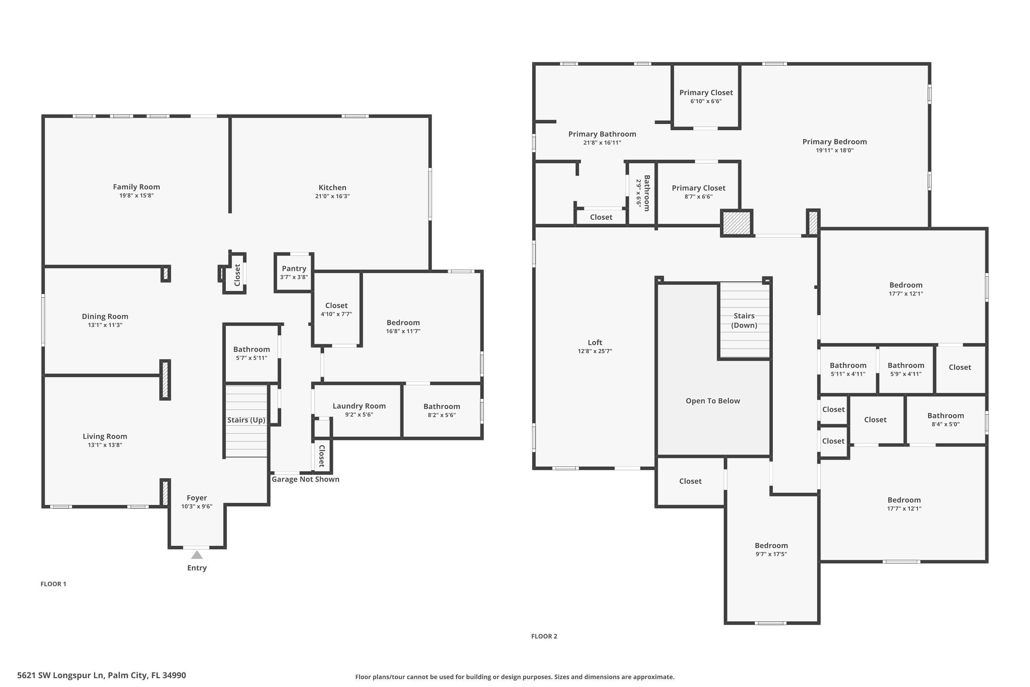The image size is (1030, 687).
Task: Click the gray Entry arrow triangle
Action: click(197, 555)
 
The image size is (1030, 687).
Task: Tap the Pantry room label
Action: click(294, 269)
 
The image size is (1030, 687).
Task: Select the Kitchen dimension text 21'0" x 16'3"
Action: click(332, 196)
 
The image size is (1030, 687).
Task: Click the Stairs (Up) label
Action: click(246, 420)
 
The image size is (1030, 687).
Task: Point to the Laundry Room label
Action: click(359, 406)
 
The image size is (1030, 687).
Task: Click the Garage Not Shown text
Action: click(305, 479)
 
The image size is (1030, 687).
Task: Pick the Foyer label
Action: click(197, 498)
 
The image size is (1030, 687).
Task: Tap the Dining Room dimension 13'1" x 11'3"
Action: click(105, 325)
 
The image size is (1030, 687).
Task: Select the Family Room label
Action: click(136, 187)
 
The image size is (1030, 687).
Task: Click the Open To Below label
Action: click(713, 401)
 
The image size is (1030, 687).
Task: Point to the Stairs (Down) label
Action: click(744, 320)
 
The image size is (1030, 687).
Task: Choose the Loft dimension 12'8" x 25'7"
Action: click(595, 351)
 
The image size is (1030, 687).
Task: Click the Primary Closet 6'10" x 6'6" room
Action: click(706, 97)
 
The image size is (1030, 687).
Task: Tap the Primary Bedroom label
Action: click(834, 142)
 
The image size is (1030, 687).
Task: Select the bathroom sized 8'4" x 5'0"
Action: click(946, 420)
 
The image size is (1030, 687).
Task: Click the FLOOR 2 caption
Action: click(544, 636)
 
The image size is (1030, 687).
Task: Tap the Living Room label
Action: click(105, 436)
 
